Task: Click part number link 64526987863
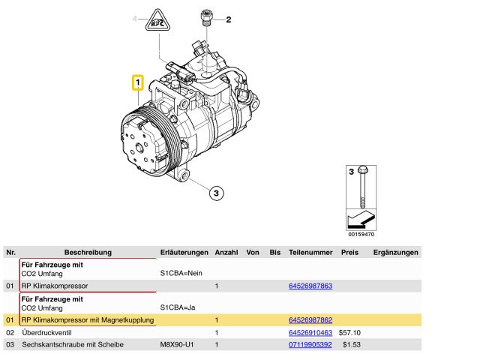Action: [x=310, y=286]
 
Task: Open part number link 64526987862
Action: [x=310, y=320]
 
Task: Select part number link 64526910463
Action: [x=310, y=332]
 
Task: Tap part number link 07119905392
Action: [x=310, y=344]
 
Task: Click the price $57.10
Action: [x=350, y=332]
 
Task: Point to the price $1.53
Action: [x=352, y=344]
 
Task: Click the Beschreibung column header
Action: [x=88, y=253]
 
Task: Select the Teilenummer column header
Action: [x=310, y=253]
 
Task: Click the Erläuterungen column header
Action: [x=184, y=253]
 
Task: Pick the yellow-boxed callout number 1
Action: [x=138, y=82]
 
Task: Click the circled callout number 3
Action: [x=214, y=193]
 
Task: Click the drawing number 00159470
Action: [x=359, y=234]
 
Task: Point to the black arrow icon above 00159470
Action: [x=359, y=220]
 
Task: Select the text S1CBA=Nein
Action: [x=181, y=274]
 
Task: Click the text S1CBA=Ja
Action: [x=178, y=307]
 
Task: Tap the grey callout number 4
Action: [x=136, y=18]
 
